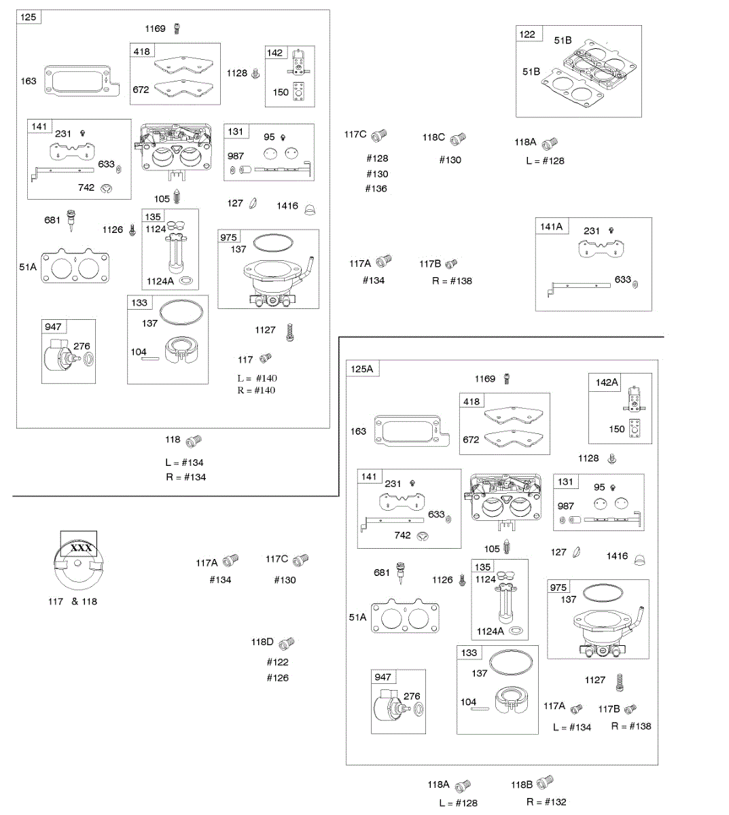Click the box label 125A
pyautogui.click(x=362, y=369)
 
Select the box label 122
pyautogui.click(x=527, y=35)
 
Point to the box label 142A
pyautogui.click(x=607, y=382)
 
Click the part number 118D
pyautogui.click(x=262, y=642)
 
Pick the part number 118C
pyautogui.click(x=433, y=137)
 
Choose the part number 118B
pyautogui.click(x=522, y=784)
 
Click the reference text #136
pyautogui.click(x=376, y=189)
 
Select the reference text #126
pyautogui.click(x=277, y=678)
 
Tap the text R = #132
pyautogui.click(x=546, y=802)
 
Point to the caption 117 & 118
pyautogui.click(x=73, y=601)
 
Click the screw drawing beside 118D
pyautogui.click(x=287, y=642)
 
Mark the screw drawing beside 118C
pyautogui.click(x=459, y=139)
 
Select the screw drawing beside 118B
pyautogui.click(x=545, y=782)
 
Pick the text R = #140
pyautogui.click(x=256, y=391)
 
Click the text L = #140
pyautogui.click(x=257, y=378)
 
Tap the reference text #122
pyautogui.click(x=277, y=662)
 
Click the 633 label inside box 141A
pyautogui.click(x=622, y=280)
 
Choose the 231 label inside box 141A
pyautogui.click(x=592, y=231)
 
